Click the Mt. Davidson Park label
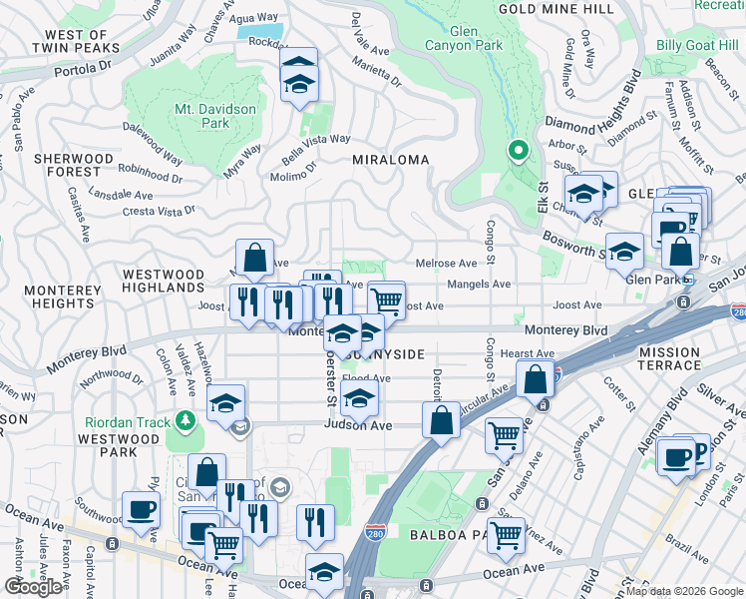click(x=215, y=116)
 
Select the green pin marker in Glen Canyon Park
click(x=518, y=152)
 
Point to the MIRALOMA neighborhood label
click(x=390, y=160)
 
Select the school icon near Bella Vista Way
click(x=298, y=76)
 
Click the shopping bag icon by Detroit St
click(x=441, y=419)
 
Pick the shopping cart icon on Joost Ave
click(x=387, y=299)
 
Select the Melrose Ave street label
click(x=446, y=264)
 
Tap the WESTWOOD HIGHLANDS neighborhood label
click(x=163, y=281)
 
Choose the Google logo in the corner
click(x=33, y=587)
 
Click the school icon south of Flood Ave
click(x=359, y=399)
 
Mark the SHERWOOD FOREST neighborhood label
click(x=74, y=166)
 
